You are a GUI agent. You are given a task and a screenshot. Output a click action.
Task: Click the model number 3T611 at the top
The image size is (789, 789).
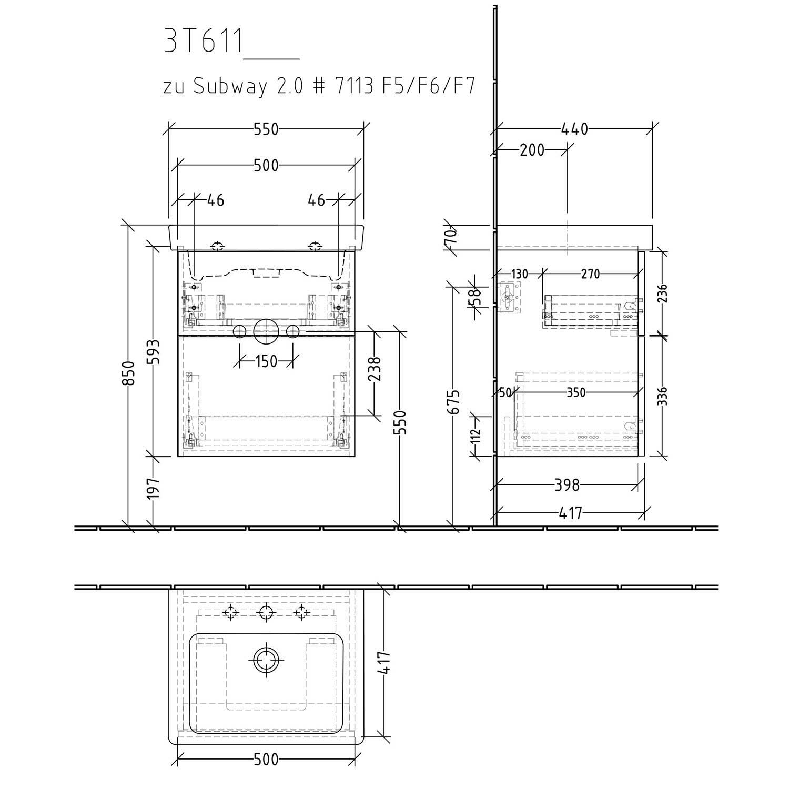pos(203,41)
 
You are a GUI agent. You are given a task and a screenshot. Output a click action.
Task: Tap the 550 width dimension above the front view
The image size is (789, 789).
pos(266,129)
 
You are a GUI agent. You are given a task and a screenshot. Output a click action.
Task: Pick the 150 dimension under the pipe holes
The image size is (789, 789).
pos(266,361)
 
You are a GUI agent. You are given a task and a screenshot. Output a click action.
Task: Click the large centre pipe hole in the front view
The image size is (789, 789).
pos(266,331)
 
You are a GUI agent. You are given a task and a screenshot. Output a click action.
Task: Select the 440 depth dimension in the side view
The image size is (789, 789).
pos(574,129)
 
